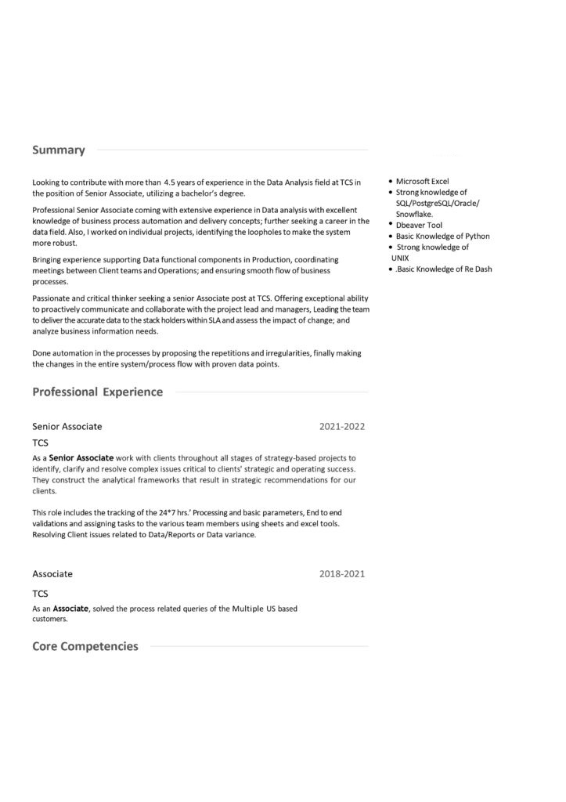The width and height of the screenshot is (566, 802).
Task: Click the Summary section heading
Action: click(x=59, y=150)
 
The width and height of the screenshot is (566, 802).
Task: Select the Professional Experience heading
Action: click(x=98, y=392)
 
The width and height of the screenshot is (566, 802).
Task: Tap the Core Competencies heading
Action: click(x=85, y=646)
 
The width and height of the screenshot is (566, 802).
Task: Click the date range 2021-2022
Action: click(x=342, y=427)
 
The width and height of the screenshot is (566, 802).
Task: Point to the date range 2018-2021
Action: click(x=342, y=574)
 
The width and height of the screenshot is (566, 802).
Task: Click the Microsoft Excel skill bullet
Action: click(x=422, y=181)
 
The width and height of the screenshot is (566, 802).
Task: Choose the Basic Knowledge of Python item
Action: click(x=442, y=236)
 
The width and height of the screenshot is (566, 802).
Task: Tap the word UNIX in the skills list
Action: click(x=400, y=258)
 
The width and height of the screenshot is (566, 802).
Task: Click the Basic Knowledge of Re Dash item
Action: click(x=444, y=269)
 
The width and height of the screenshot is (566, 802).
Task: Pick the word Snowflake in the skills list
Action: click(x=414, y=214)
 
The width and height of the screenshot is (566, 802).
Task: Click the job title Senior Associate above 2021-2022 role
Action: click(x=67, y=427)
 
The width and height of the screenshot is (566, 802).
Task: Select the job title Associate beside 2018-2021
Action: click(x=52, y=574)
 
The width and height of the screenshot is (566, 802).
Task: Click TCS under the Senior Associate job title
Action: click(x=41, y=443)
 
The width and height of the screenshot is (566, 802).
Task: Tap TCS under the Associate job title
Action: click(x=41, y=594)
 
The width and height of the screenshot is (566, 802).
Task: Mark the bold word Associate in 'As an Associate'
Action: click(x=70, y=609)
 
